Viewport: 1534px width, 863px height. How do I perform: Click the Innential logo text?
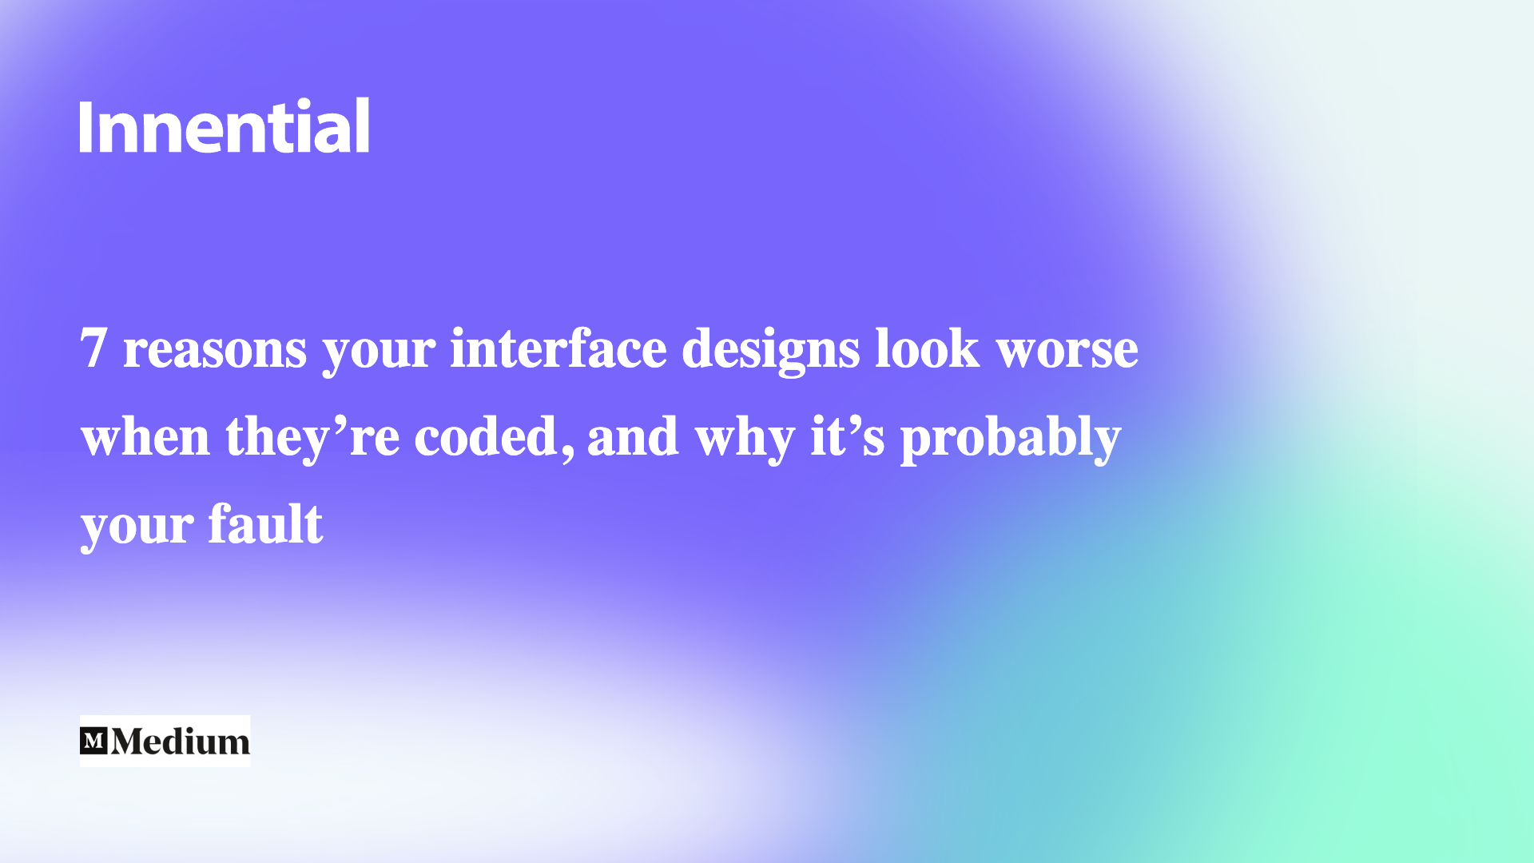click(225, 126)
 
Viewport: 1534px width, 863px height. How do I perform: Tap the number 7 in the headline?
click(93, 348)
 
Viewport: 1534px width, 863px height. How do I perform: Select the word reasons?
click(214, 350)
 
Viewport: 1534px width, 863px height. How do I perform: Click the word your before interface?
click(379, 352)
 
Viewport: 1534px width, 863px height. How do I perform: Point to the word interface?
click(558, 348)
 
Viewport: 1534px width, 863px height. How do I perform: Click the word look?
click(927, 348)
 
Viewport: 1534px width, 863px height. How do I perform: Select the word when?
click(145, 436)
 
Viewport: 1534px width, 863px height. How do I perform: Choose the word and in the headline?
click(633, 436)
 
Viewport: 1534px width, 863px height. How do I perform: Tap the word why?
click(745, 438)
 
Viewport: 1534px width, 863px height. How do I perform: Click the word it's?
click(847, 436)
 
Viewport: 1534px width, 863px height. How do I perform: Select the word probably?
click(1011, 438)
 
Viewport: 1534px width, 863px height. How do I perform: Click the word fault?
click(265, 524)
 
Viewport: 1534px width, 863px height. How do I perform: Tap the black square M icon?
click(93, 741)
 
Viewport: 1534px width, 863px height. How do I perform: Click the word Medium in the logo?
click(181, 742)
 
